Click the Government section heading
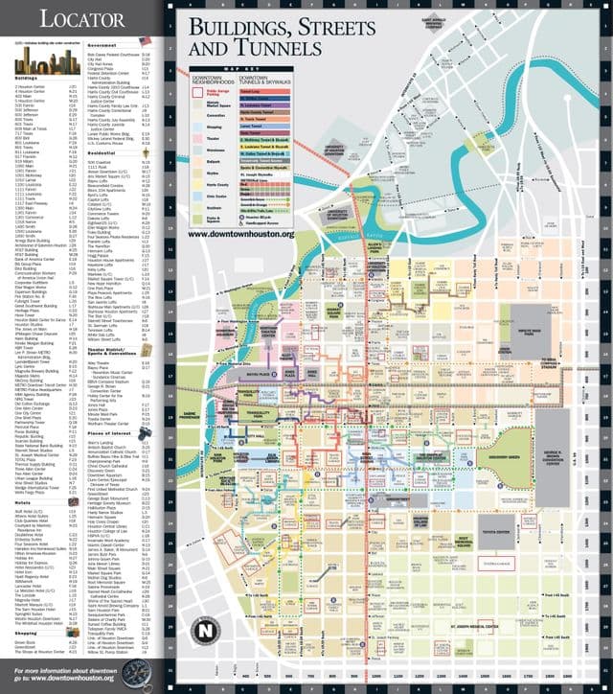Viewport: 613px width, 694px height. [102, 45]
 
